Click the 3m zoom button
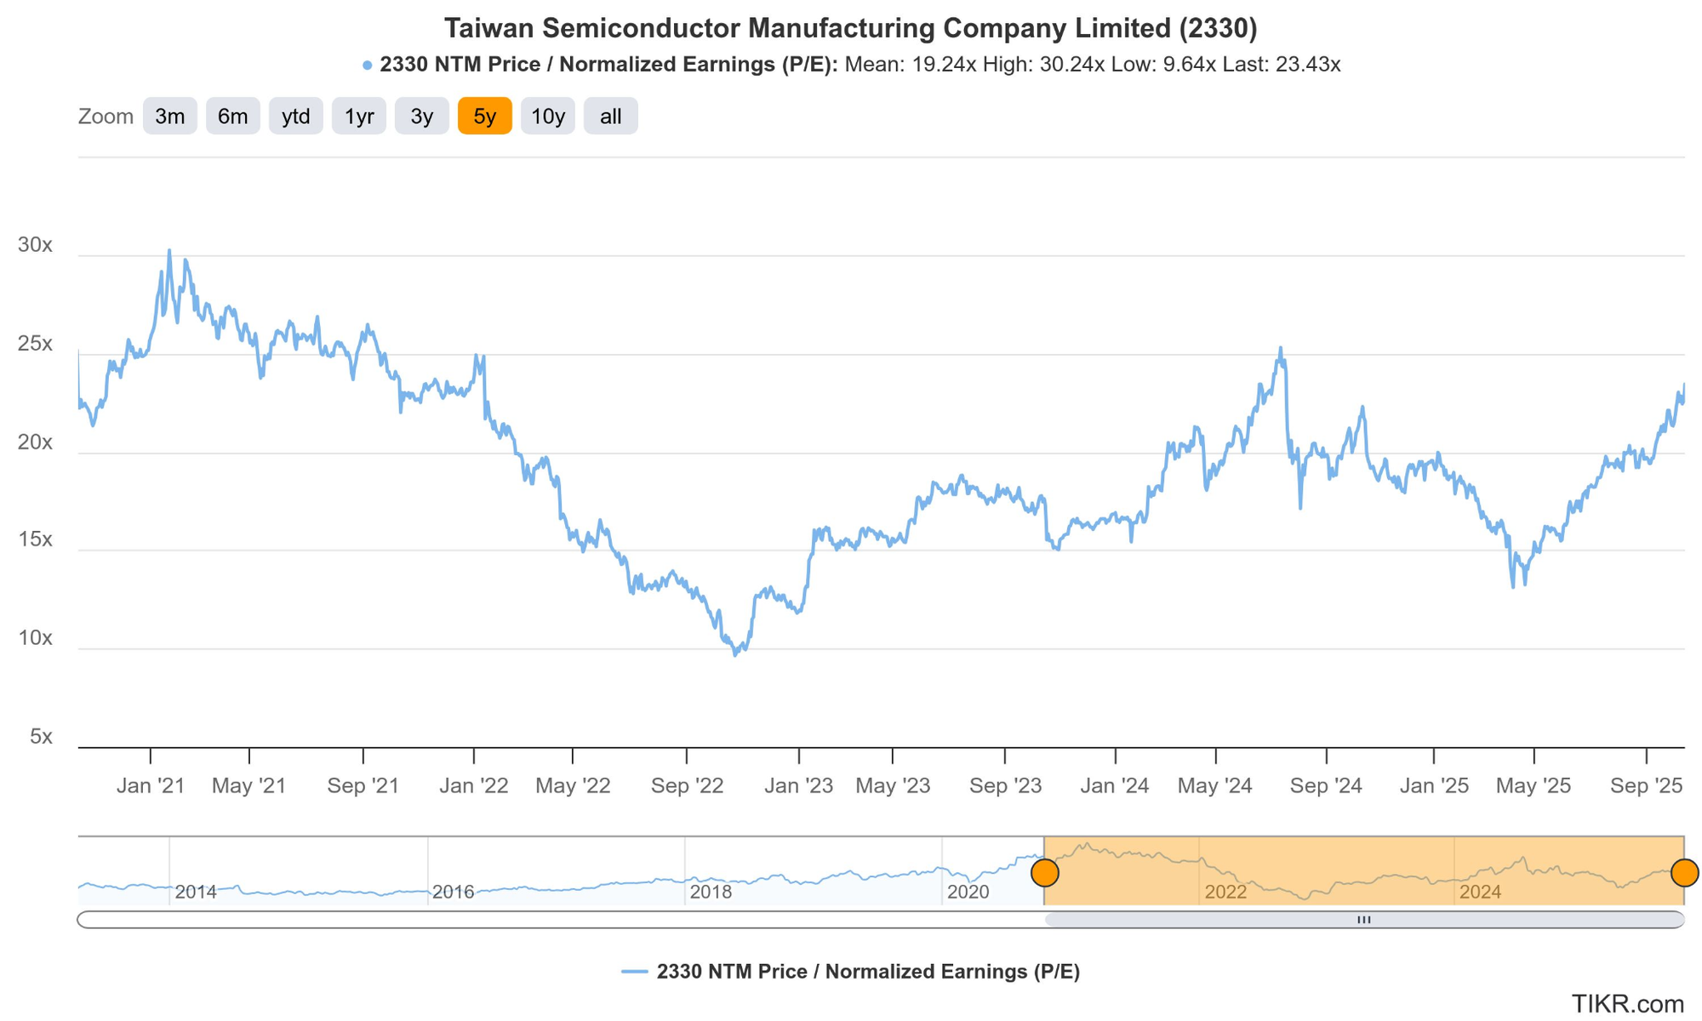pos(169,117)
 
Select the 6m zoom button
pos(232,117)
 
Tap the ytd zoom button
pos(295,117)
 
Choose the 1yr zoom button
pos(358,117)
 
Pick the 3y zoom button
pos(421,117)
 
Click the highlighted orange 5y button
pos(484,117)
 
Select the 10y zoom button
pos(547,117)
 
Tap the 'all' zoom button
pos(610,117)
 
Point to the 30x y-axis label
pos(35,245)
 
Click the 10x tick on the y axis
pos(35,638)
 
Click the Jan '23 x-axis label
pos(798,786)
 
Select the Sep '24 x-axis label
pos(1326,786)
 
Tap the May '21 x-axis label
pos(248,786)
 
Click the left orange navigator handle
pos(1044,873)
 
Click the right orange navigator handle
pos(1684,873)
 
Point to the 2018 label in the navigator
pos(711,892)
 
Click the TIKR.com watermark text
pos(1627,1004)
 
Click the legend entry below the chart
pos(851,972)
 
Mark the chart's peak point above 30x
pos(169,250)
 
